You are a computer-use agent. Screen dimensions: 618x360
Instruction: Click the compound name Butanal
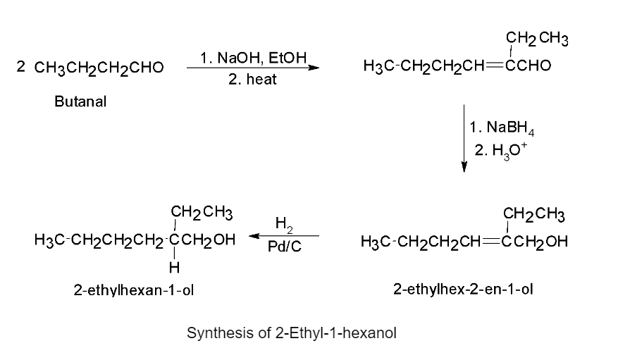80,101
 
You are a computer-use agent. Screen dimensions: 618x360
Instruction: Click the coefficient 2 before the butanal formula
20,66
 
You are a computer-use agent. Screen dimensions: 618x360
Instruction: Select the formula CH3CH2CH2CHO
99,68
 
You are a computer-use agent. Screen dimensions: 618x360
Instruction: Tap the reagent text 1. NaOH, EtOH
254,58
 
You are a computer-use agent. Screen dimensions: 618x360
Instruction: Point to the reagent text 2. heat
252,79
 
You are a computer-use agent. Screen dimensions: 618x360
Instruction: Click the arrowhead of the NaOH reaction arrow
314,68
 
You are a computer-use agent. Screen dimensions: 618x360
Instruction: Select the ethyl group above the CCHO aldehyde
537,39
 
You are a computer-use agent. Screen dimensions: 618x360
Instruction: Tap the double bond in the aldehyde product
495,66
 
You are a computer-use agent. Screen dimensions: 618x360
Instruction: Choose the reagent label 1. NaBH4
502,128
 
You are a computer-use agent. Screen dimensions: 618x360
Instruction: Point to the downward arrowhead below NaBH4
464,167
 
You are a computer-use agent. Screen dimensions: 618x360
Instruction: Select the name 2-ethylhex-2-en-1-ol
463,289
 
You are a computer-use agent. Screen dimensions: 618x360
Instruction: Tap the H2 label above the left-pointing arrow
284,224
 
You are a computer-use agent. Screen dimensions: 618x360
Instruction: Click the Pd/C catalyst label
284,247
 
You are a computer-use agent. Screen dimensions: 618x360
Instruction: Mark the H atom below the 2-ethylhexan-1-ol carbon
174,268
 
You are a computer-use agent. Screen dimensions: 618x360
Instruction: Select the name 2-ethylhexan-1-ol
134,290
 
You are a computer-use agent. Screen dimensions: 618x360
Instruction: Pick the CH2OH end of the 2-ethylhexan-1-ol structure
208,240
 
